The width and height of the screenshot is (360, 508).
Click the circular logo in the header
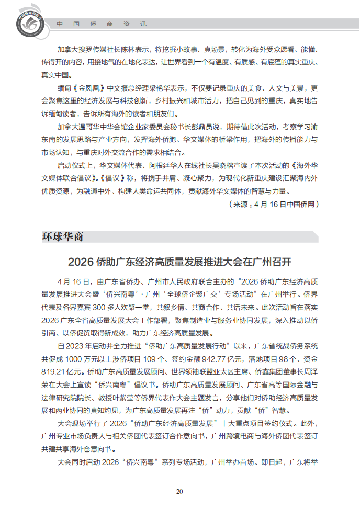pos(26,24)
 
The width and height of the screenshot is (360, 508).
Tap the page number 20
pos(179,491)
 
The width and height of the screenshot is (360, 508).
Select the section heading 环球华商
pos(63,236)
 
